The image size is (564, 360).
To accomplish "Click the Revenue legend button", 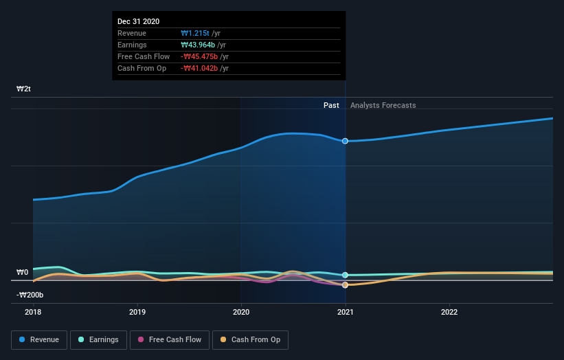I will click(x=39, y=339).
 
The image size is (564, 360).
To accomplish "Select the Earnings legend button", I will click(x=98, y=339).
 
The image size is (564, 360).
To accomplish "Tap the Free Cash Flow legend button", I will click(x=170, y=339).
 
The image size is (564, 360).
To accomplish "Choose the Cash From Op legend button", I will click(x=250, y=339).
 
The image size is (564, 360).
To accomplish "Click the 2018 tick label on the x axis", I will click(x=33, y=311).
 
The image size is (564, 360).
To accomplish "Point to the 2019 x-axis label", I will click(x=137, y=311).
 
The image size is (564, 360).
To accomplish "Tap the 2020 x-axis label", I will click(x=241, y=311).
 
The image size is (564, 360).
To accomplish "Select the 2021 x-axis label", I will click(x=345, y=311).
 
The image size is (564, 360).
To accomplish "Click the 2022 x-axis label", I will click(x=449, y=311).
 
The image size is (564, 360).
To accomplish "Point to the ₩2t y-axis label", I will click(x=24, y=89).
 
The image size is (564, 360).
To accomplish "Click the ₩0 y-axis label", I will click(x=23, y=273).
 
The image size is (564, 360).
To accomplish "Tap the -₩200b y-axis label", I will click(x=30, y=295).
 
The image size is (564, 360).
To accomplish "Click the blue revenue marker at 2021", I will click(x=345, y=141).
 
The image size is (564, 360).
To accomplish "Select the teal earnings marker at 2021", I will click(x=345, y=275).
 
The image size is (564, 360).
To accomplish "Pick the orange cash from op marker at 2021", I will click(x=345, y=284).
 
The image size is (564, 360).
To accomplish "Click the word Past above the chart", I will click(x=331, y=105).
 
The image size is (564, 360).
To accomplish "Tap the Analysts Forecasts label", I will click(x=383, y=105).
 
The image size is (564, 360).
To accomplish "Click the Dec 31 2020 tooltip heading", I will click(x=138, y=21).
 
